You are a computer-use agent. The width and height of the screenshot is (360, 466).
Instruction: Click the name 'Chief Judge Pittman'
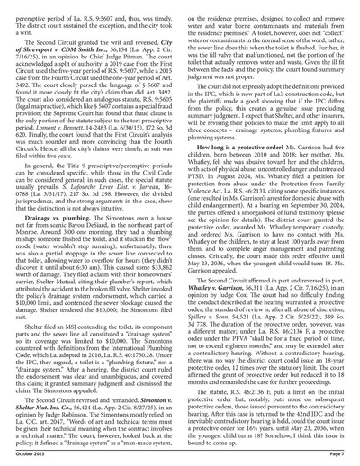132,55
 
